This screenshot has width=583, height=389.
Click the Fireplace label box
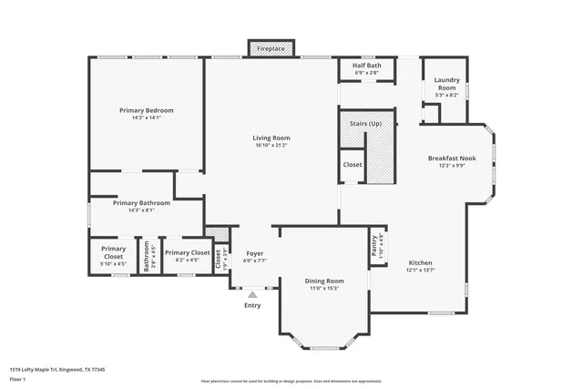click(x=271, y=47)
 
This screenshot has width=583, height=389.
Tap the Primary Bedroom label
click(x=146, y=110)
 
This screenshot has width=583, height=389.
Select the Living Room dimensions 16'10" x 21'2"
click(x=271, y=145)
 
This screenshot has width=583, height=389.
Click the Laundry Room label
click(x=446, y=82)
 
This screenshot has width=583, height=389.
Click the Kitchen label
click(x=420, y=261)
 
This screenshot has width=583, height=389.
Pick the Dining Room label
click(x=323, y=281)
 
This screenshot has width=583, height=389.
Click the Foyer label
click(x=255, y=254)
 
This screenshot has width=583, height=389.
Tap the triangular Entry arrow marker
click(x=252, y=294)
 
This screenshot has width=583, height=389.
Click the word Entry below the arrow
click(x=252, y=305)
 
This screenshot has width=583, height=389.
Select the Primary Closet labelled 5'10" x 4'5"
click(x=113, y=252)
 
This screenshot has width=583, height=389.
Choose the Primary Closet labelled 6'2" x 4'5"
click(x=188, y=252)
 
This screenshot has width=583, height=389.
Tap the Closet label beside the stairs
click(x=353, y=165)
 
